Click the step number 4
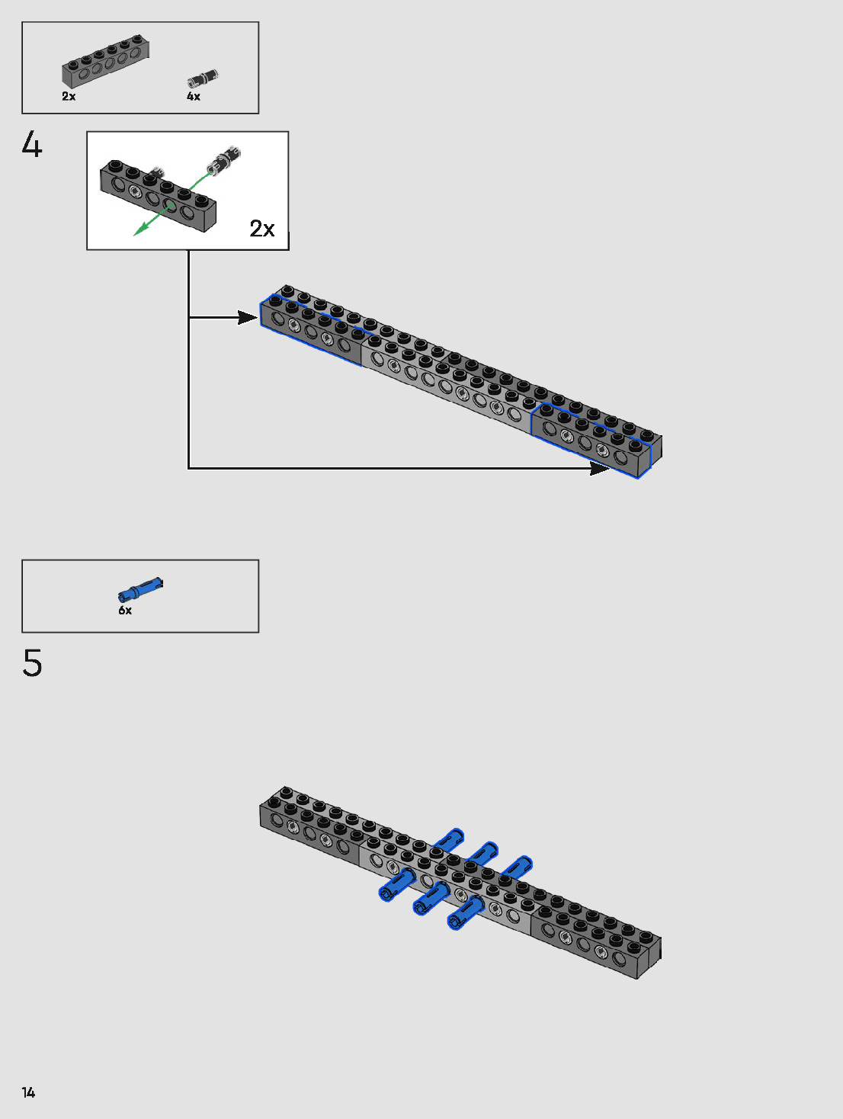tap(32, 145)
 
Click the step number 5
tap(32, 663)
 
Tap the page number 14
tap(29, 1092)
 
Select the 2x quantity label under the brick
tap(69, 97)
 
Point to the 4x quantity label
tap(194, 97)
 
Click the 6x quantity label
tap(125, 611)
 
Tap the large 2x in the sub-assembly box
tap(262, 229)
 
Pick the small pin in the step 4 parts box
tap(203, 79)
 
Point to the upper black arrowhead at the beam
tap(248, 317)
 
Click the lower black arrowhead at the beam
tap(600, 468)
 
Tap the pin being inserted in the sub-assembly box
tap(223, 159)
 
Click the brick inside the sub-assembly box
tap(159, 195)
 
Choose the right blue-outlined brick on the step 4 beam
tap(593, 439)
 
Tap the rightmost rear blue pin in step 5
tap(518, 867)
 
